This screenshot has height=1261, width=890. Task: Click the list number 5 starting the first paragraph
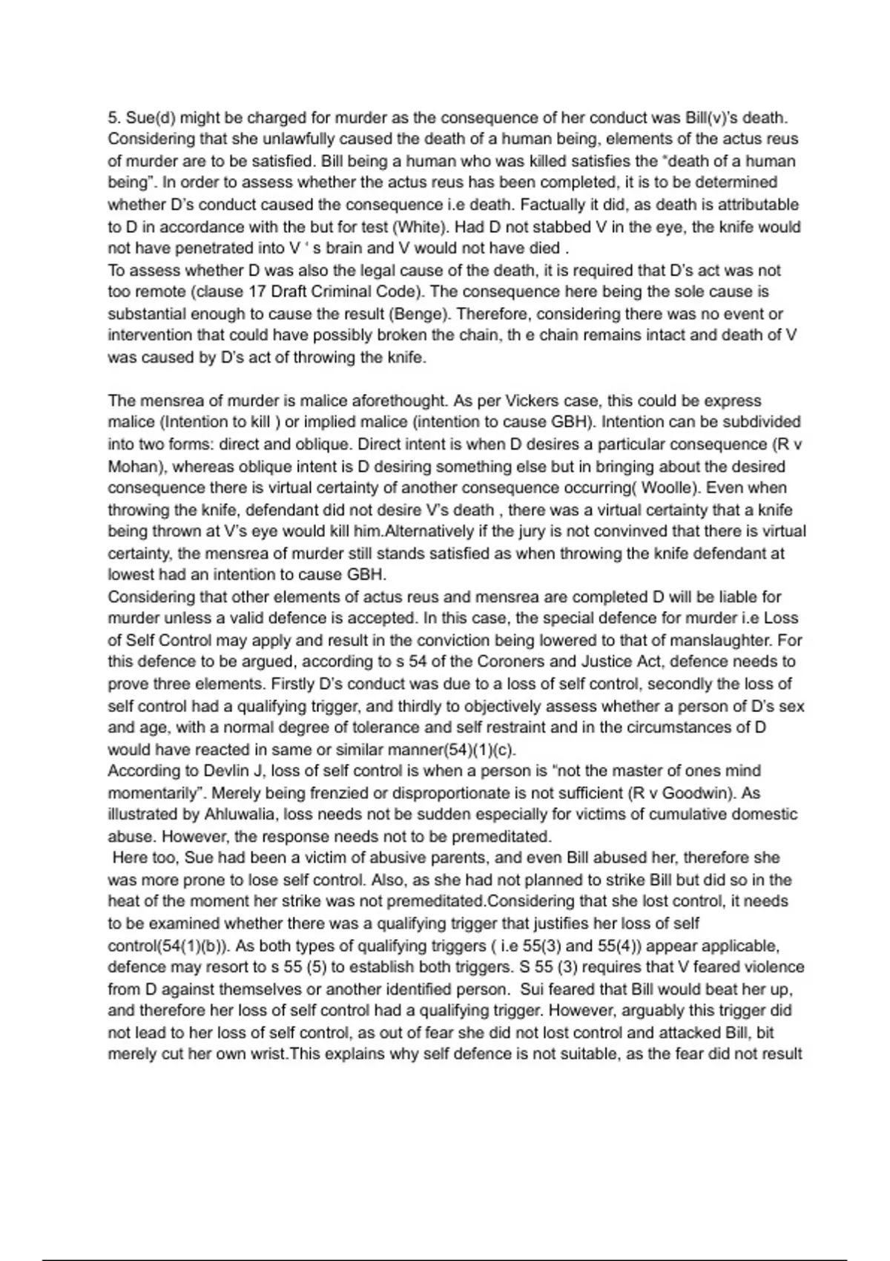113,118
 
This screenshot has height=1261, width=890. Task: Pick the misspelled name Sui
532,990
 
